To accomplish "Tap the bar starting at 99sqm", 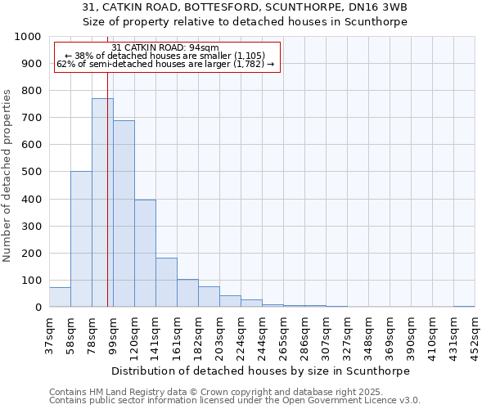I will point(124,213).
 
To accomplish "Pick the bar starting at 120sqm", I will point(145,254).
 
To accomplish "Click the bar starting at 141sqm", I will point(166,282).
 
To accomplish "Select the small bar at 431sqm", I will point(464,306).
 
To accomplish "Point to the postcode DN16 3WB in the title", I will point(372,7).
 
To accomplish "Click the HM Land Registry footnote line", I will point(216,392).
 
